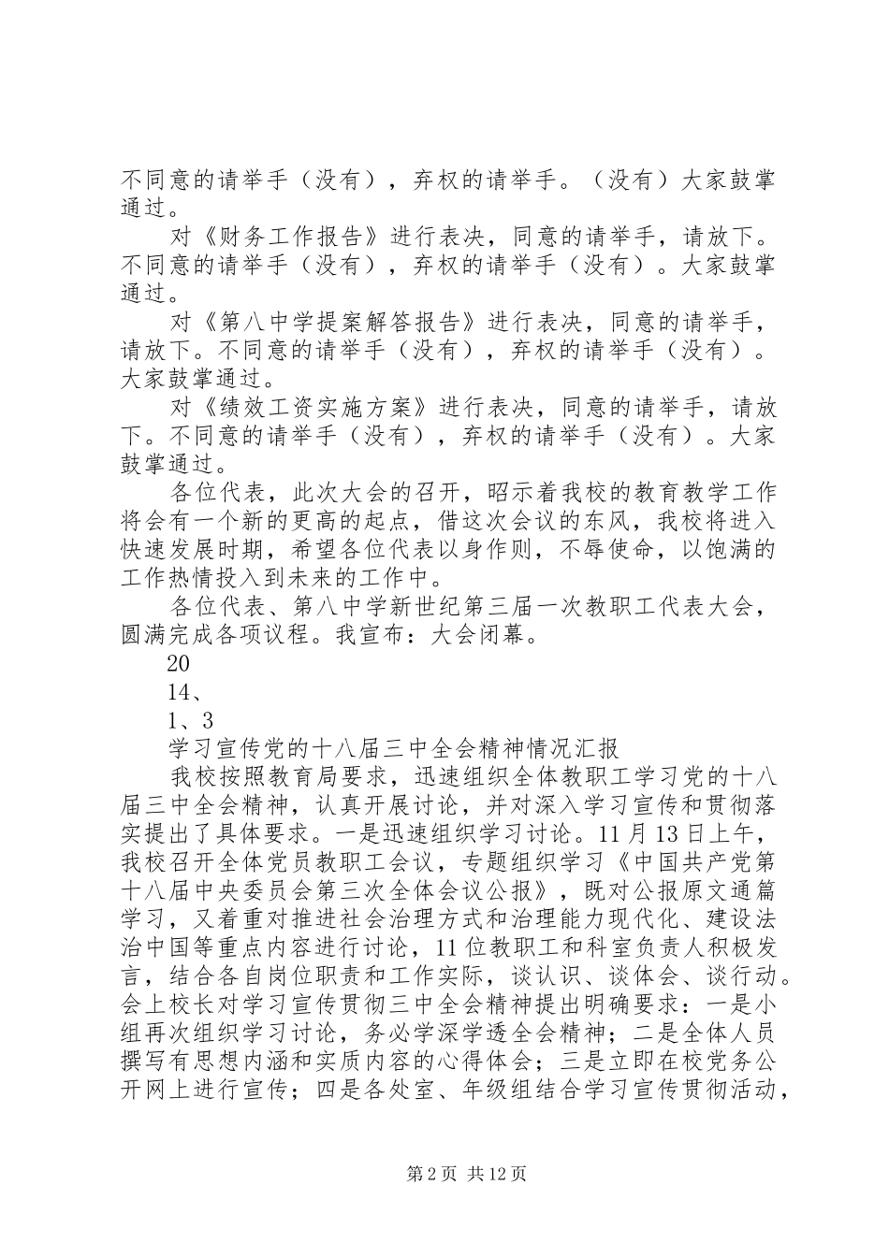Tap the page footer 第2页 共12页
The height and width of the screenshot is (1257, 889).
[x=444, y=1174]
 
